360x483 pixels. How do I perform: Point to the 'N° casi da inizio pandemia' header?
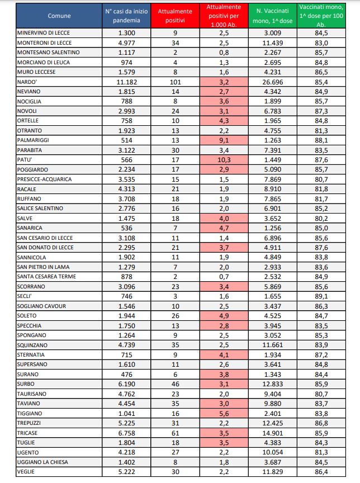pos(127,16)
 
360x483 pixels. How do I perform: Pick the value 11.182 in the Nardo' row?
pos(127,82)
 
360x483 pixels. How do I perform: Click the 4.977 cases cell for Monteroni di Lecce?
pos(127,42)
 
